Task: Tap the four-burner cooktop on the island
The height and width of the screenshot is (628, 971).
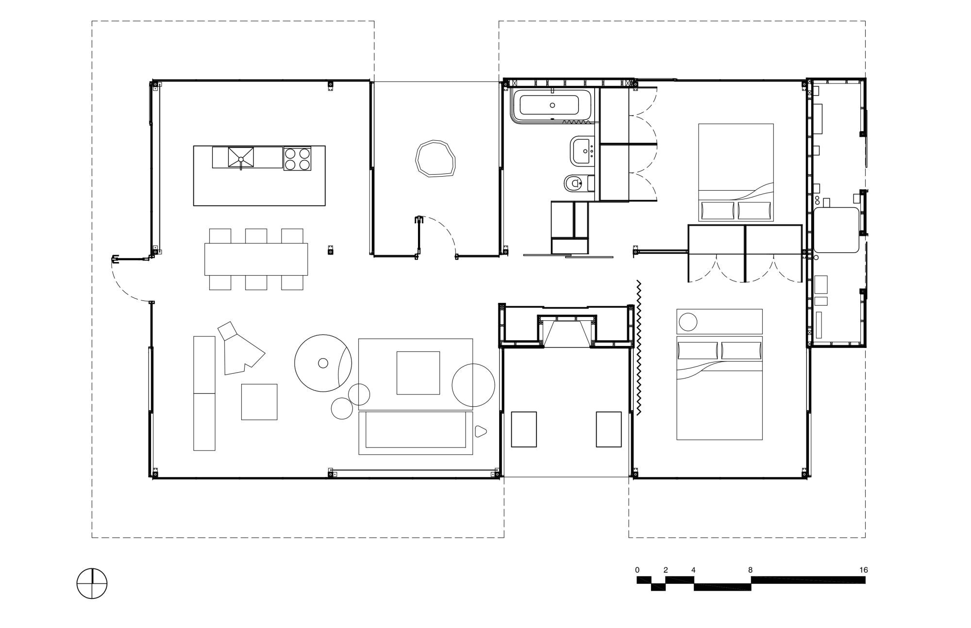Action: (297, 158)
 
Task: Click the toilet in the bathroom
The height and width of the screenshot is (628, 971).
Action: (574, 183)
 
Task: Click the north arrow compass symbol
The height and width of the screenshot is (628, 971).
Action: (92, 583)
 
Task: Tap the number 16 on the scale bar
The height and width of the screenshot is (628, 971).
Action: (863, 570)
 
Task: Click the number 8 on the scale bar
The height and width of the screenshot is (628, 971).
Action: (750, 570)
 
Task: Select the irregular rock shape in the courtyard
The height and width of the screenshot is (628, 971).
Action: (435, 158)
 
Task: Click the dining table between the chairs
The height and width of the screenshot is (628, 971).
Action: (256, 259)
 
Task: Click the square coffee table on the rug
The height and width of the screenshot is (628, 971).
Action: (418, 373)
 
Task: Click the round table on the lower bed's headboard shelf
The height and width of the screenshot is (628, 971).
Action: (687, 322)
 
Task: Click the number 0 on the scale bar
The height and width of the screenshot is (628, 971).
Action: (637, 570)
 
